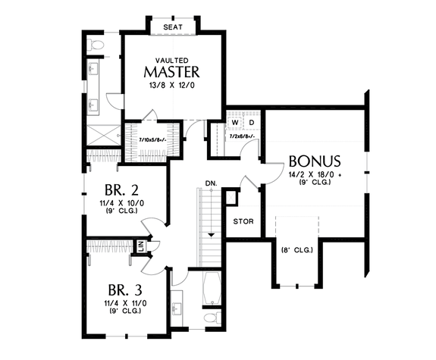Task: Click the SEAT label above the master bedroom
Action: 172,27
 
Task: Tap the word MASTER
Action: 172,73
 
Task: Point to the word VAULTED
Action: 172,59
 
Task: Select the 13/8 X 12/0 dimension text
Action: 172,86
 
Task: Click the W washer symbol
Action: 235,123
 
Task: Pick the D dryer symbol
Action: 252,123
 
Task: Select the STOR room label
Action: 243,222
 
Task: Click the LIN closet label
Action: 141,246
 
